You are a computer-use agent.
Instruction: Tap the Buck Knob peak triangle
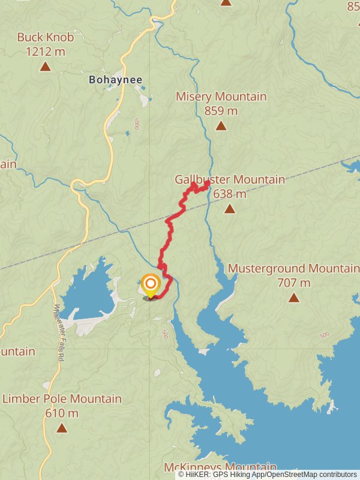click(45, 66)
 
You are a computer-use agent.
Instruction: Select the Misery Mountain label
click(221, 97)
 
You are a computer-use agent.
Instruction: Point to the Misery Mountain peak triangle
click(221, 125)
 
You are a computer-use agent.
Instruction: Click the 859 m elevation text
click(221, 110)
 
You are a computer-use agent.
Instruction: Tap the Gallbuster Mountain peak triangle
click(229, 209)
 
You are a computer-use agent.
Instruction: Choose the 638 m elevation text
click(229, 194)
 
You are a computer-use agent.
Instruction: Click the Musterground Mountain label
click(293, 268)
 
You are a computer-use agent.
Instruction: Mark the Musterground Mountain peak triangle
click(293, 298)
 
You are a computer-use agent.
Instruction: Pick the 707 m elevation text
click(293, 283)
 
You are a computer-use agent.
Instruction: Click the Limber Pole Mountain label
click(62, 398)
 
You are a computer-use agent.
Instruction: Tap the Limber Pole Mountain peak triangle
click(62, 428)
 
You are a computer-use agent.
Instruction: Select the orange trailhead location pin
click(150, 284)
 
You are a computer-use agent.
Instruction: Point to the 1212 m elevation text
click(45, 52)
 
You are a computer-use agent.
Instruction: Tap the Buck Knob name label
click(45, 37)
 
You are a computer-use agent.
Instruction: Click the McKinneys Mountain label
click(220, 467)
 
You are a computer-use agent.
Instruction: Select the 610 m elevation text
click(62, 413)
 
